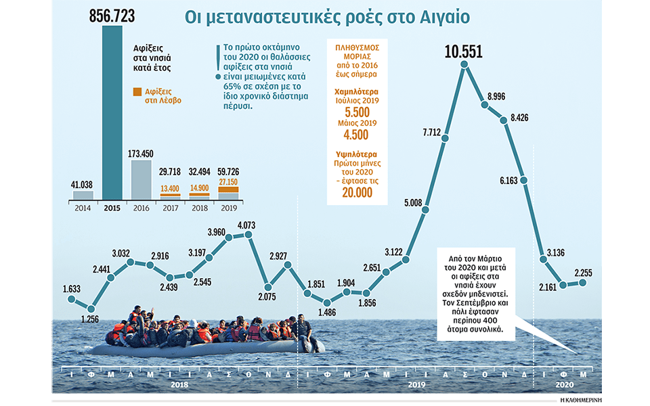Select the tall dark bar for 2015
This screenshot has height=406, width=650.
pos(113,115)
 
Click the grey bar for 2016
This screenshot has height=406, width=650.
pos(142,180)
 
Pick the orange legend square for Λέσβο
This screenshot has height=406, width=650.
pos(137,91)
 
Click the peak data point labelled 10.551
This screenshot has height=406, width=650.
pos(464,65)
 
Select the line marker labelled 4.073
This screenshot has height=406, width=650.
pos(249,235)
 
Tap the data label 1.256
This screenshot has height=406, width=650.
pos(89,318)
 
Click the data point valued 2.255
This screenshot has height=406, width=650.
pos(583,282)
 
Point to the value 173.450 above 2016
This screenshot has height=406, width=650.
pos(142,153)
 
